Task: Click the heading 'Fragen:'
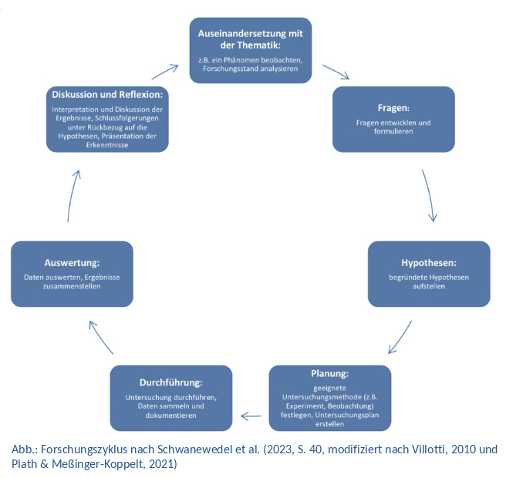coord(393,107)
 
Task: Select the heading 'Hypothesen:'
coord(429,263)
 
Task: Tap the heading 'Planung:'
coord(330,373)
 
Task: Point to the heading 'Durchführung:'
coord(171,382)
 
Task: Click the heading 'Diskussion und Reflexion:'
coord(107,94)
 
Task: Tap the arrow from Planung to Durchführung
coord(251,416)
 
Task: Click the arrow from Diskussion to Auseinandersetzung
coord(165,71)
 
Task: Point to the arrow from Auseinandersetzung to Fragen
coord(336,72)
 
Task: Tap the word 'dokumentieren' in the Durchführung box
coord(170,415)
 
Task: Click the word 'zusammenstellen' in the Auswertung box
coord(72,286)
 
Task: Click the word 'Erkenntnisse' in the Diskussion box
coord(107,144)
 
